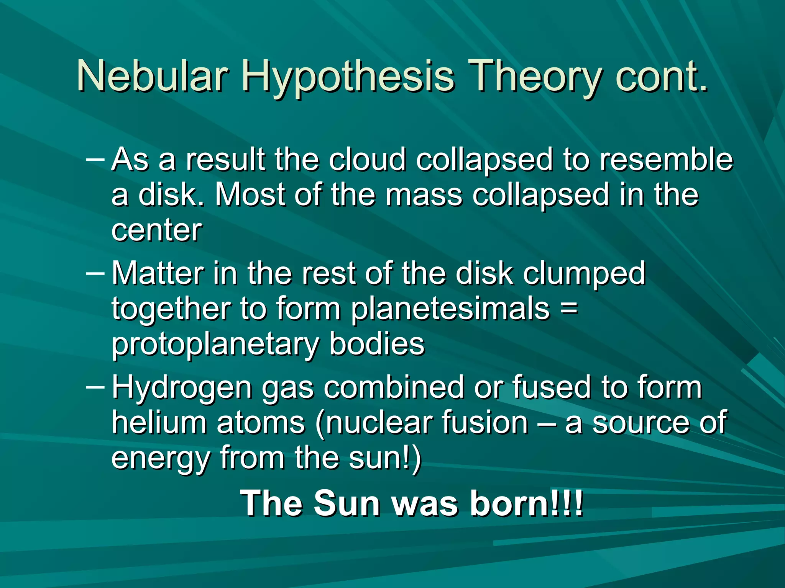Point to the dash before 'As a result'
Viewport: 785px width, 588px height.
click(95, 158)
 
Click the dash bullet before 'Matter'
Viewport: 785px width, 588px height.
click(95, 273)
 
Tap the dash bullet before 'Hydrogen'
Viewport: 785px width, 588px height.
click(95, 387)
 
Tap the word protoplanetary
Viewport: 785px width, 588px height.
click(215, 345)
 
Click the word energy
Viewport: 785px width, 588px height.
click(160, 459)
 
